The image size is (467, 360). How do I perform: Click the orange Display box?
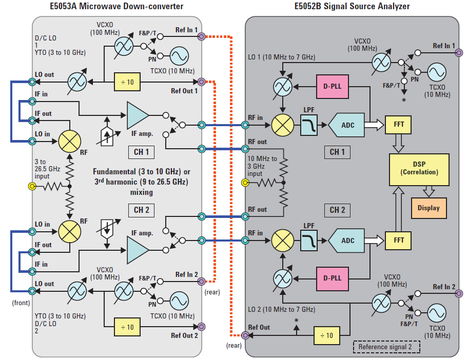coord(429,208)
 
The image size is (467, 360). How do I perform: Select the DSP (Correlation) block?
coord(419,169)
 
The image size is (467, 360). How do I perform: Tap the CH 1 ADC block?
coord(348,125)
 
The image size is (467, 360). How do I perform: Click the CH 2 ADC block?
coord(348,240)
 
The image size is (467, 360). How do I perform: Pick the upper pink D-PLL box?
coord(332,87)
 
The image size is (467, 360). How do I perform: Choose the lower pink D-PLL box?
coord(332,278)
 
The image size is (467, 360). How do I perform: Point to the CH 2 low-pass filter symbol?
coord(309,241)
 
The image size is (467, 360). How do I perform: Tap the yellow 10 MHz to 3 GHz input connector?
coord(246,183)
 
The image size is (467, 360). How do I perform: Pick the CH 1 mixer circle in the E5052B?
coord(281,125)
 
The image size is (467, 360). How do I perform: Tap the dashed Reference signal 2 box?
coord(386,347)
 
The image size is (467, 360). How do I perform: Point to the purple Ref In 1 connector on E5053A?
coord(201,36)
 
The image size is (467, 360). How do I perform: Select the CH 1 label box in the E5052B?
coord(337,152)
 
